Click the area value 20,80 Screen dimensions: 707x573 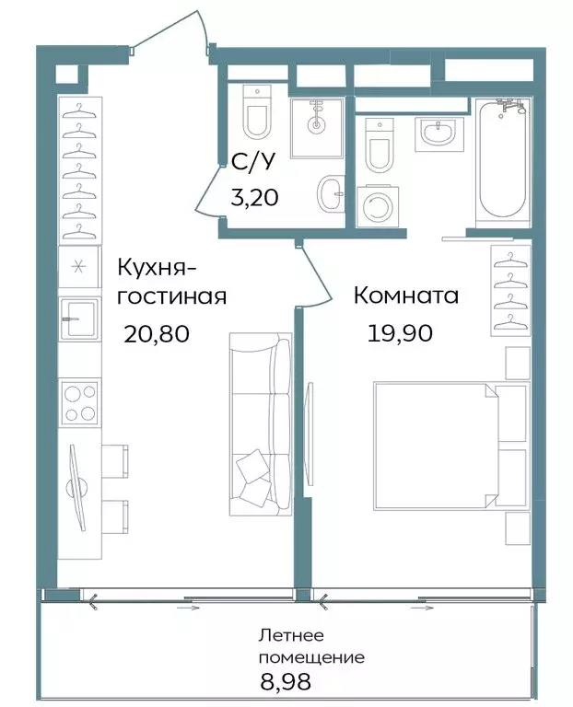pos(157,333)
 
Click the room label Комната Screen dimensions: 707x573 pos(406,296)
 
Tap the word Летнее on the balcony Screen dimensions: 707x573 pos(291,635)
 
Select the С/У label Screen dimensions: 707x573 pos(251,164)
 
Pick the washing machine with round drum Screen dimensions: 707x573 pos(377,207)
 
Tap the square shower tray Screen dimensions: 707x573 pos(316,127)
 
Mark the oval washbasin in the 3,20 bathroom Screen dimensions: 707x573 pos(331,194)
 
